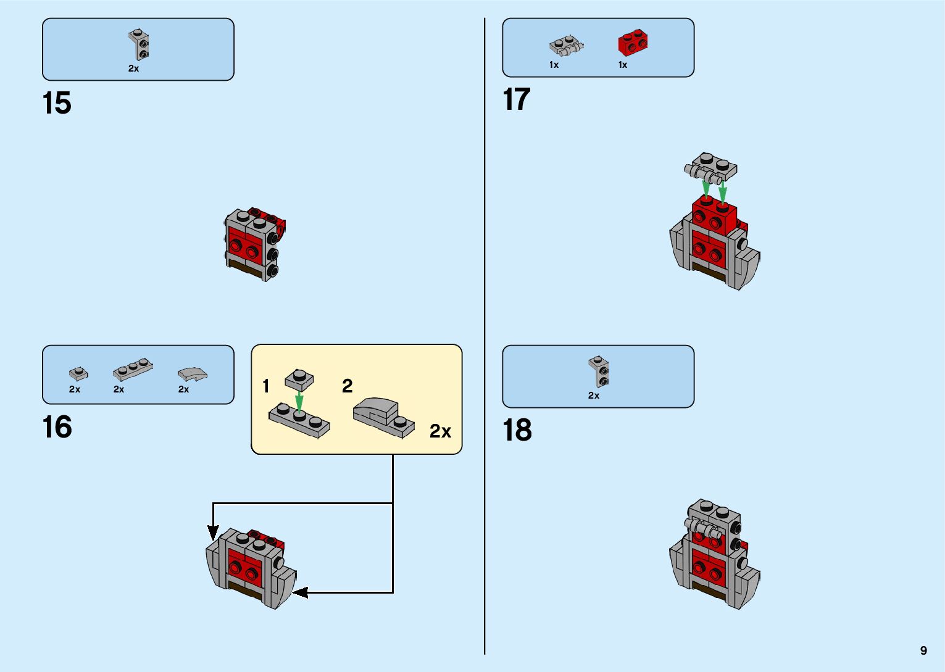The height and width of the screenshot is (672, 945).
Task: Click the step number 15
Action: pyautogui.click(x=57, y=103)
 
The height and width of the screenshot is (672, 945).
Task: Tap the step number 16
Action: pyautogui.click(x=57, y=427)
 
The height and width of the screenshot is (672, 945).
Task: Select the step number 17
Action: pyautogui.click(x=517, y=99)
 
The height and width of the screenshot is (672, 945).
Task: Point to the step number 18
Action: pyautogui.click(x=517, y=430)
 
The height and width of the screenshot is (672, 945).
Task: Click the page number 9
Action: pyautogui.click(x=923, y=650)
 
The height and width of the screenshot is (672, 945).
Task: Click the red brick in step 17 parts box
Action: pyautogui.click(x=633, y=43)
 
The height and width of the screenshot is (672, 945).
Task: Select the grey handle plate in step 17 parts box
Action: pyautogui.click(x=566, y=45)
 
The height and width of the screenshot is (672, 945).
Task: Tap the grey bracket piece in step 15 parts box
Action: pyautogui.click(x=140, y=45)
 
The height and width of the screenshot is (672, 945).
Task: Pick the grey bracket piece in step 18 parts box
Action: pyautogui.click(x=599, y=371)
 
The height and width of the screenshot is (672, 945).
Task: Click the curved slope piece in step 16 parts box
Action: pyautogui.click(x=192, y=373)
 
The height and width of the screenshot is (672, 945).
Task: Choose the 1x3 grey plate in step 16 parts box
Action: pyautogui.click(x=133, y=369)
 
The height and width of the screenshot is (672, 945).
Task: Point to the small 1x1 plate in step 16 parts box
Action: pyautogui.click(x=78, y=373)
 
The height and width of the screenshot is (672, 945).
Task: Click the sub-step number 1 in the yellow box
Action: pyautogui.click(x=266, y=386)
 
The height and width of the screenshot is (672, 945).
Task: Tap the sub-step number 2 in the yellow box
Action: pyautogui.click(x=347, y=386)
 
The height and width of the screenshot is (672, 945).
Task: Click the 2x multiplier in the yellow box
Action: pyautogui.click(x=440, y=431)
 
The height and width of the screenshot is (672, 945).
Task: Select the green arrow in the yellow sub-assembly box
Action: pyautogui.click(x=299, y=402)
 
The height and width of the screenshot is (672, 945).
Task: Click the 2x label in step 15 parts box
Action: pyautogui.click(x=133, y=68)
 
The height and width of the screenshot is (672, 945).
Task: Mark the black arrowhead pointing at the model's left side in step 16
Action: pyautogui.click(x=213, y=531)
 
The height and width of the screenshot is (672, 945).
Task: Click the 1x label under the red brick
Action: pyautogui.click(x=623, y=65)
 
